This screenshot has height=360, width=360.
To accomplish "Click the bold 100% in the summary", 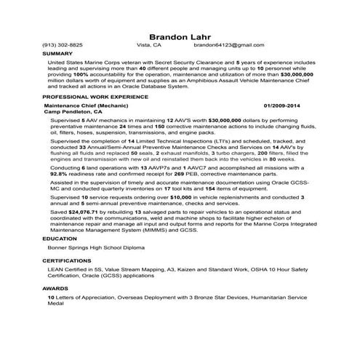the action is pyautogui.click(x=82, y=74).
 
